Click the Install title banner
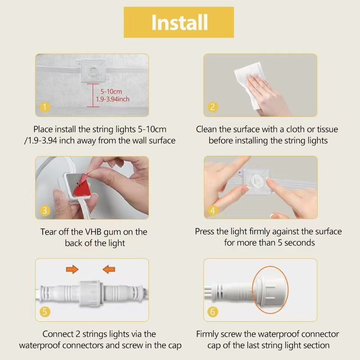(x=179, y=22)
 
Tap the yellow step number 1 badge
(x=45, y=107)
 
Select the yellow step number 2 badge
(x=212, y=107)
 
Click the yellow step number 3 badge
(x=45, y=210)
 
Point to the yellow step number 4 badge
(x=212, y=210)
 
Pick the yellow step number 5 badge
(x=45, y=312)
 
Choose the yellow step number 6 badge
(x=212, y=312)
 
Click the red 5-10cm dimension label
(x=111, y=92)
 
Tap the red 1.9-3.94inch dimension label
(x=112, y=99)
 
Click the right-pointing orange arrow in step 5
(x=72, y=269)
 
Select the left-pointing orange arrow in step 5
(x=109, y=269)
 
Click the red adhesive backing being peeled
(x=81, y=188)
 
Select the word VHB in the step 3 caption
(x=94, y=232)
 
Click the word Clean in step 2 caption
(x=207, y=129)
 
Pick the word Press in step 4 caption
(x=205, y=231)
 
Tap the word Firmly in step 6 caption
(x=207, y=334)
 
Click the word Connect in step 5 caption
(x=58, y=334)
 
